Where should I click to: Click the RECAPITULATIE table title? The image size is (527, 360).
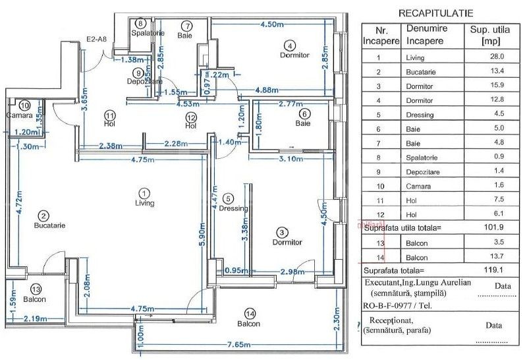click(x=435, y=13)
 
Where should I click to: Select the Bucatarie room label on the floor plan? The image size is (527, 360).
click(x=49, y=225)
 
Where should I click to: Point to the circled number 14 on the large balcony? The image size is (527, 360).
click(x=249, y=313)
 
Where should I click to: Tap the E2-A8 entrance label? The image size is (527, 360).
click(x=97, y=40)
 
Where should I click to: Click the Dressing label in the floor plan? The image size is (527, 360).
click(x=234, y=208)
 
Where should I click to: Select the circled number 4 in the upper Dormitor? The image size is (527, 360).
click(x=290, y=45)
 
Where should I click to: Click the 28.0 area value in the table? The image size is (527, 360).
click(x=487, y=57)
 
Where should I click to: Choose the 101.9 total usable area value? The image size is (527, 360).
click(x=487, y=228)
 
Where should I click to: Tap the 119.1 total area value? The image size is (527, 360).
click(x=487, y=270)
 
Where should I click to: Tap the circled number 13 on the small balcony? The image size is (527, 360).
click(x=36, y=289)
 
